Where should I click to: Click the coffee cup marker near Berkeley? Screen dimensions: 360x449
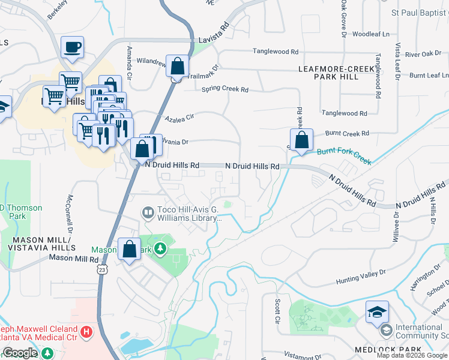72,47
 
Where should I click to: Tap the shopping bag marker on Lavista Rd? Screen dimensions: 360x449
178,66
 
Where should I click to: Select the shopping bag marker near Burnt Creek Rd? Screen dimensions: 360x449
302,140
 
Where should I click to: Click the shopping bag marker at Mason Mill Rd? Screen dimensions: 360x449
130,248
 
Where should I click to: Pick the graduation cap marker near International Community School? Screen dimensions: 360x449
376,312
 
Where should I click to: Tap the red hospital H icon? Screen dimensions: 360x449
87,331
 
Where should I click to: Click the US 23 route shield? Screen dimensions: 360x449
103,272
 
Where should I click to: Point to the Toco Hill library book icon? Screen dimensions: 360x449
147,212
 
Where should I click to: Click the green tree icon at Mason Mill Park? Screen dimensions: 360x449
160,248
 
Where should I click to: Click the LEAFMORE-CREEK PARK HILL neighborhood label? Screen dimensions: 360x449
337,73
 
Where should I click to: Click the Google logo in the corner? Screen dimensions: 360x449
20,353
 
